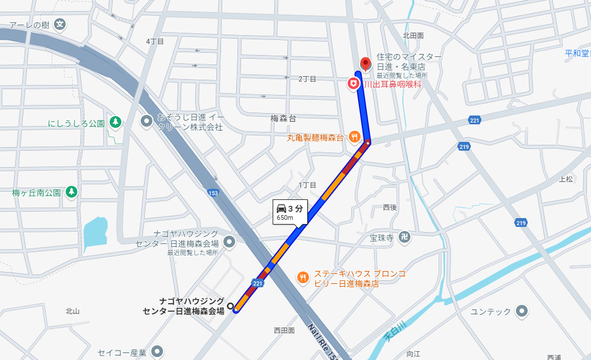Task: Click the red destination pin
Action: pyautogui.click(x=366, y=63)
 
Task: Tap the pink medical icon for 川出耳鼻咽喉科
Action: pyautogui.click(x=354, y=84)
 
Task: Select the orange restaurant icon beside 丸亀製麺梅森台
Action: pyautogui.click(x=354, y=137)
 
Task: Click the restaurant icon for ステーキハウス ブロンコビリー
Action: pyautogui.click(x=303, y=277)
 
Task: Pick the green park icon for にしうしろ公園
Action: pyautogui.click(x=116, y=122)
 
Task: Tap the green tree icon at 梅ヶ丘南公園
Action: pyautogui.click(x=72, y=191)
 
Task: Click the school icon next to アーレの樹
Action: pyautogui.click(x=59, y=25)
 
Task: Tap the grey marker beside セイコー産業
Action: pyautogui.click(x=157, y=352)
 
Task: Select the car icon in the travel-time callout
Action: pyautogui.click(x=281, y=208)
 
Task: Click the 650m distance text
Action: pyautogui.click(x=285, y=218)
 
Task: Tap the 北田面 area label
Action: pyautogui.click(x=413, y=36)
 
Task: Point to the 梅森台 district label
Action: pyautogui.click(x=283, y=118)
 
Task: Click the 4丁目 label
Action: pyautogui.click(x=155, y=42)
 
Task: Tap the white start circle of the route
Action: pyautogui.click(x=230, y=305)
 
